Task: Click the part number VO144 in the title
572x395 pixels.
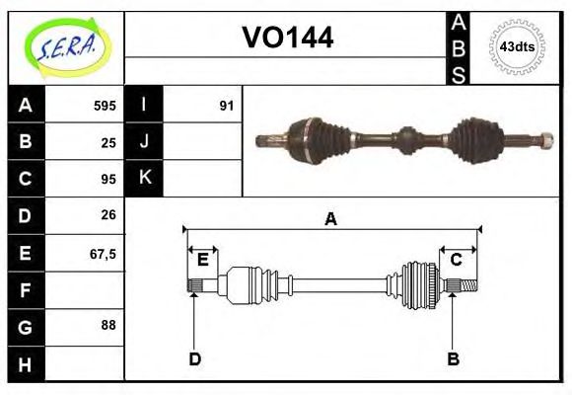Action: pyautogui.click(x=287, y=39)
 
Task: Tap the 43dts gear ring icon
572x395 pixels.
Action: pyautogui.click(x=517, y=46)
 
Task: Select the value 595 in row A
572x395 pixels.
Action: pyautogui.click(x=105, y=105)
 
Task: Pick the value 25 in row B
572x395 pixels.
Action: pyautogui.click(x=108, y=141)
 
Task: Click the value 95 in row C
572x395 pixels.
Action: pyautogui.click(x=108, y=179)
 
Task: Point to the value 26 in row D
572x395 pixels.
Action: pyautogui.click(x=108, y=215)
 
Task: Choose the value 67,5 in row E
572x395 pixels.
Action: pyautogui.click(x=103, y=253)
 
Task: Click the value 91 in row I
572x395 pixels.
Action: pyautogui.click(x=226, y=105)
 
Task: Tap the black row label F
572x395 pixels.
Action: pyautogui.click(x=26, y=290)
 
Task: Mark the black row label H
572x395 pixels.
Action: pyautogui.click(x=26, y=364)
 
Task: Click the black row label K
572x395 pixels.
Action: pyautogui.click(x=144, y=179)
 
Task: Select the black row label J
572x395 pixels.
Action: pyautogui.click(x=144, y=141)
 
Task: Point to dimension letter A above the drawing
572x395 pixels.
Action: pyautogui.click(x=331, y=219)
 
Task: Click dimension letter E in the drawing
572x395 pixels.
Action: pyautogui.click(x=202, y=260)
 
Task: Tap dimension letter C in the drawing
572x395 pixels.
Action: pyautogui.click(x=457, y=260)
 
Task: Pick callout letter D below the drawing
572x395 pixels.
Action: pyautogui.click(x=194, y=358)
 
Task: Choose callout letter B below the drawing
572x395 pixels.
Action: pyautogui.click(x=453, y=358)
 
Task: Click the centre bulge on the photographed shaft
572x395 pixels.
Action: pyautogui.click(x=406, y=139)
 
